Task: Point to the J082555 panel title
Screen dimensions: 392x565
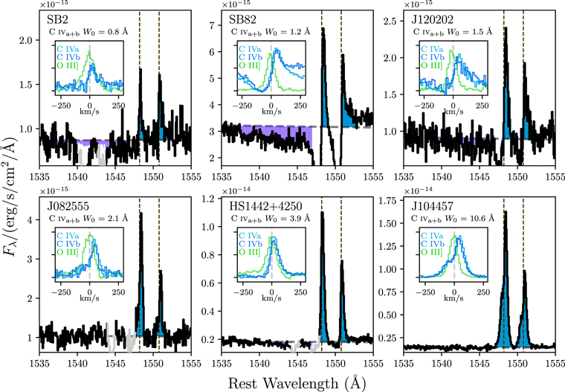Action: point(63,205)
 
